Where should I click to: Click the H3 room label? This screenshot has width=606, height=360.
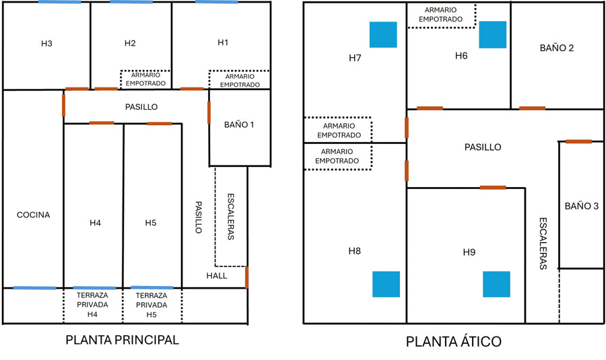[x=46, y=44]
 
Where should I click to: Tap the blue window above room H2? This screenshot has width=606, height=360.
[x=131, y=2]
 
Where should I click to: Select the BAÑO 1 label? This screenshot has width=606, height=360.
[x=239, y=124]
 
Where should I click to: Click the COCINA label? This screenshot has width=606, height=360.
[x=34, y=215]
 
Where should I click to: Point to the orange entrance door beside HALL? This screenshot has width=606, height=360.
[x=247, y=277]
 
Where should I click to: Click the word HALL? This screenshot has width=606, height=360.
[x=217, y=275]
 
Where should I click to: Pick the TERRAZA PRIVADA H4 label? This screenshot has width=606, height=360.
[x=93, y=305]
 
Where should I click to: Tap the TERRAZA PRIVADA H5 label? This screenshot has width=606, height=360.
[x=151, y=305]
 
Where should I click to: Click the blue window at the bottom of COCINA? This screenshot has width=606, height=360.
[x=35, y=288]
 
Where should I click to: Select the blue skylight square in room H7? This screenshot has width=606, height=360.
[x=382, y=35]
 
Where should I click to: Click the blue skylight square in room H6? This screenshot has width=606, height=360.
[x=492, y=34]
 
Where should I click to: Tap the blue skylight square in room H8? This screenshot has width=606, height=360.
[x=386, y=284]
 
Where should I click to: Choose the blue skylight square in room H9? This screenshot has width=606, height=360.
[x=496, y=284]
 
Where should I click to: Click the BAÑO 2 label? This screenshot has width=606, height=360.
[x=557, y=48]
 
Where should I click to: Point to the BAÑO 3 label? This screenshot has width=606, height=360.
[x=581, y=206]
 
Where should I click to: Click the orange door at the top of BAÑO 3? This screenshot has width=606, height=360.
[x=578, y=141]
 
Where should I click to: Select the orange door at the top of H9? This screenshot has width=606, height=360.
[x=493, y=187]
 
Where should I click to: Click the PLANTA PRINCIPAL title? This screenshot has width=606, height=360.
[x=122, y=340]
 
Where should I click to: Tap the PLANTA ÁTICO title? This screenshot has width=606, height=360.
[x=453, y=342]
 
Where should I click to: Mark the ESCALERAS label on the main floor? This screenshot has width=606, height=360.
[x=230, y=217]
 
